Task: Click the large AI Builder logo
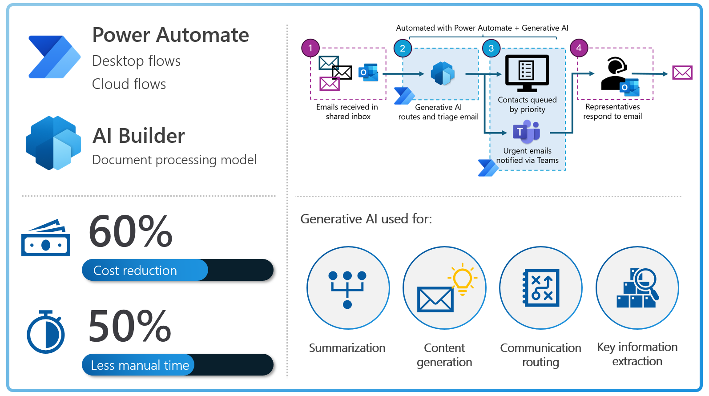click(x=53, y=143)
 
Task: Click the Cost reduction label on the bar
click(x=135, y=271)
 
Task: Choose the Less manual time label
click(x=140, y=365)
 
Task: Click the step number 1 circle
click(x=310, y=48)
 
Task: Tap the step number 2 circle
click(x=403, y=48)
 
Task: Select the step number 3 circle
click(x=491, y=48)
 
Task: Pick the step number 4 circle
click(x=579, y=48)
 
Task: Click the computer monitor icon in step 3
click(x=527, y=73)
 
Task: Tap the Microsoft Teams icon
click(x=527, y=132)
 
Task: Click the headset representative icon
click(x=614, y=73)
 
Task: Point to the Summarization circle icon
click(x=348, y=288)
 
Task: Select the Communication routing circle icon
click(x=540, y=288)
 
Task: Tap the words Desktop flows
click(x=136, y=61)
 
